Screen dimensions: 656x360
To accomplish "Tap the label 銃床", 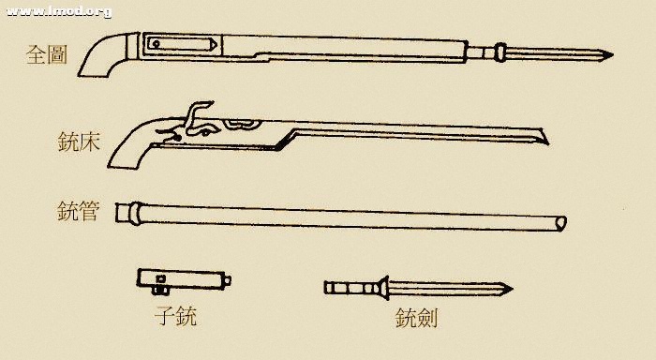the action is pos(79,143).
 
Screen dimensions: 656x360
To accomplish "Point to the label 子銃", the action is pos(176,315).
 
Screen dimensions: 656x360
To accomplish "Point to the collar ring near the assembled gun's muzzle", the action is pos(502,51).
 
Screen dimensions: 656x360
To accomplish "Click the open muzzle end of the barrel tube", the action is pos(560,223).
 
